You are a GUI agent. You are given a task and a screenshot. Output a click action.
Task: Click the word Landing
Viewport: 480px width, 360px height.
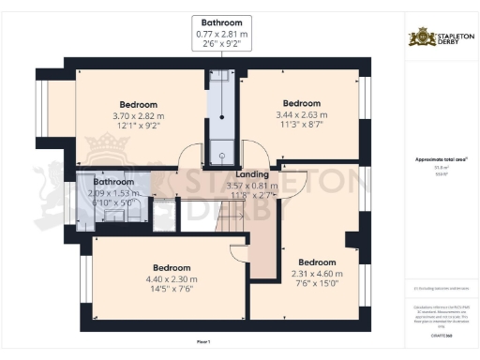[253, 174]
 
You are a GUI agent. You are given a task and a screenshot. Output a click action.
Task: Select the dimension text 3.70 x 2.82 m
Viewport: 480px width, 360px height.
[138, 115]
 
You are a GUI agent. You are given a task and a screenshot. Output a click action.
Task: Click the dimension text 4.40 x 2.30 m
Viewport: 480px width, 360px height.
[158, 277]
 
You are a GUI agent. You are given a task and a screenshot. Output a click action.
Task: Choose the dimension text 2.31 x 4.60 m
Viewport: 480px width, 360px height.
[317, 273]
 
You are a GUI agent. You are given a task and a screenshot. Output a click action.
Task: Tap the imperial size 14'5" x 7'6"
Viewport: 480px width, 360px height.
[158, 289]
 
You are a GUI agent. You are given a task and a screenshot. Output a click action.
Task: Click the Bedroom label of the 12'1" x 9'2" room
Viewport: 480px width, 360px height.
[138, 104]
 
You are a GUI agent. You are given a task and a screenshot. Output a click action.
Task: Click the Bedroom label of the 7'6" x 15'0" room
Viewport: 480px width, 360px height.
[317, 262]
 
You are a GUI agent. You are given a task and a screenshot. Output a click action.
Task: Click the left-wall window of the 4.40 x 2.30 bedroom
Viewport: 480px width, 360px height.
[85, 282]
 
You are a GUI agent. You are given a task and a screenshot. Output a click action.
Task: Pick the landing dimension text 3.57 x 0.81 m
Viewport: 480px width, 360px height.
[253, 186]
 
